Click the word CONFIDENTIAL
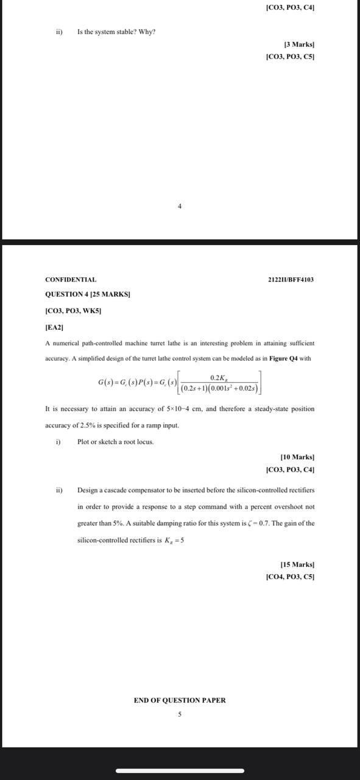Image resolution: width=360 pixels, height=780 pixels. (x=71, y=280)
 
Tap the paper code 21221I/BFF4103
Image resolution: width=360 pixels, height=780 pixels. (x=291, y=280)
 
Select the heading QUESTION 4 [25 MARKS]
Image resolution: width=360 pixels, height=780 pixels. (x=88, y=294)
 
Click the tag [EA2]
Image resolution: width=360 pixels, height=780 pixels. (x=54, y=327)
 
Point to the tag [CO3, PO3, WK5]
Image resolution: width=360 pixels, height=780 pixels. (x=73, y=311)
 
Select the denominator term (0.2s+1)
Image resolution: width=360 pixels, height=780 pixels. (x=196, y=388)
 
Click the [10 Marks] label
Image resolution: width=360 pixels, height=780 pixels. (x=297, y=456)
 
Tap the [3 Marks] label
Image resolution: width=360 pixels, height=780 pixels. (x=299, y=44)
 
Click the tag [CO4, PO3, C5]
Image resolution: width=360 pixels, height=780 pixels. (x=290, y=576)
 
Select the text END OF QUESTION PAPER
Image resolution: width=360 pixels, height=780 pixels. (x=180, y=700)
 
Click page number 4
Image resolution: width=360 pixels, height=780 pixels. (x=180, y=207)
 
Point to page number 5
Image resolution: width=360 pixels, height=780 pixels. (x=180, y=714)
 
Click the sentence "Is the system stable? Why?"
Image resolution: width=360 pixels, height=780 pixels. (x=116, y=31)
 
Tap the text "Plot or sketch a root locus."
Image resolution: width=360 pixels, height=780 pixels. (x=115, y=442)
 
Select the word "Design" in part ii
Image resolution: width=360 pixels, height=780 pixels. (x=88, y=490)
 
